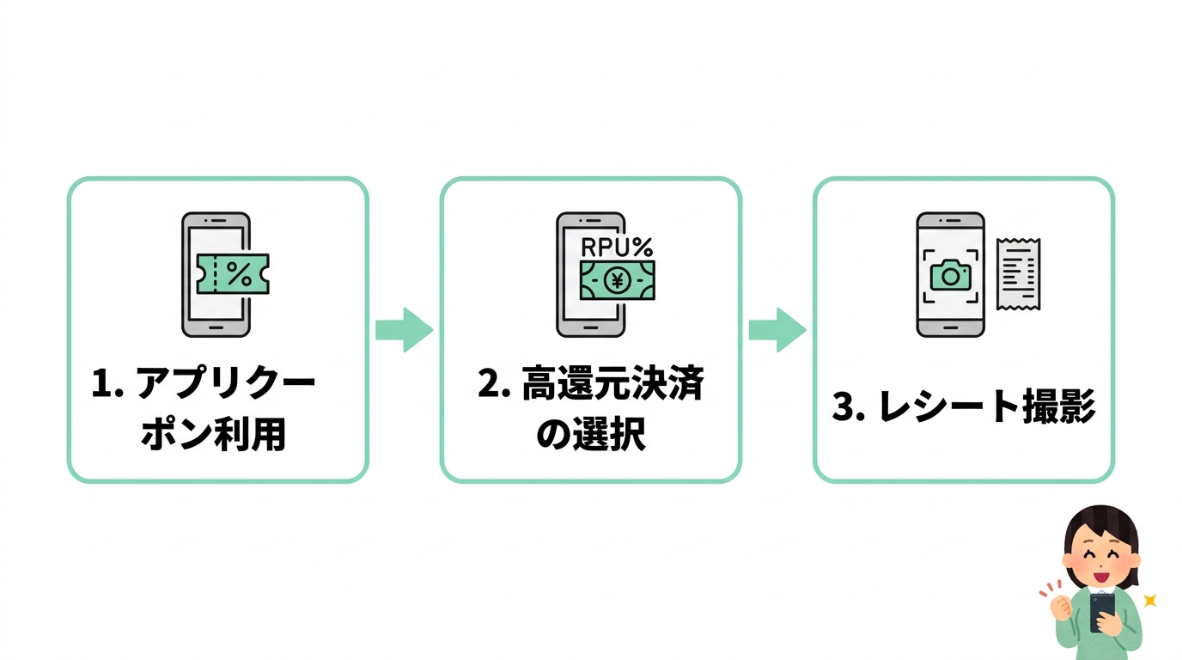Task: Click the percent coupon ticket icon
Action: [x=233, y=274]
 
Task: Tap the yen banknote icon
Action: [x=616, y=280]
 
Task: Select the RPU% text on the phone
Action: [x=616, y=247]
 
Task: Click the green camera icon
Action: [x=950, y=276]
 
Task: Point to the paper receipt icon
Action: [x=1019, y=274]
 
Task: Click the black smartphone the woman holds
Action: [x=1102, y=612]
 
